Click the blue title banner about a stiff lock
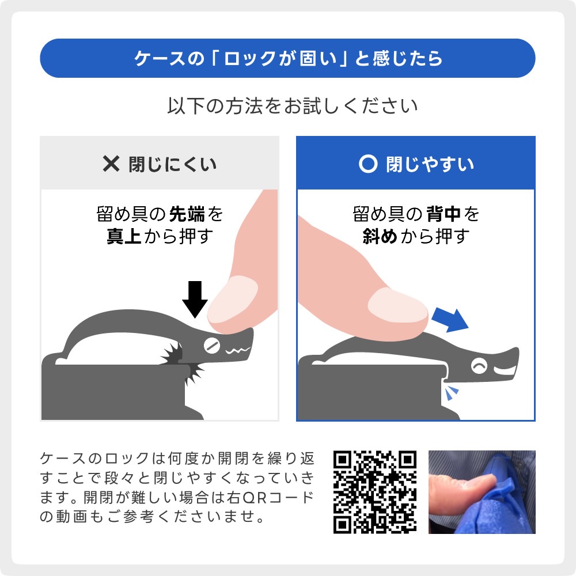[287, 58]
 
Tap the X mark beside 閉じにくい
[110, 164]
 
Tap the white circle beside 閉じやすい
[367, 164]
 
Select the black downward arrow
[195, 299]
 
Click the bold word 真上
[123, 237]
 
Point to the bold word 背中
[444, 215]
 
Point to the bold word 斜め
[380, 237]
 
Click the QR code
[375, 491]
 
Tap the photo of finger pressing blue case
[482, 491]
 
